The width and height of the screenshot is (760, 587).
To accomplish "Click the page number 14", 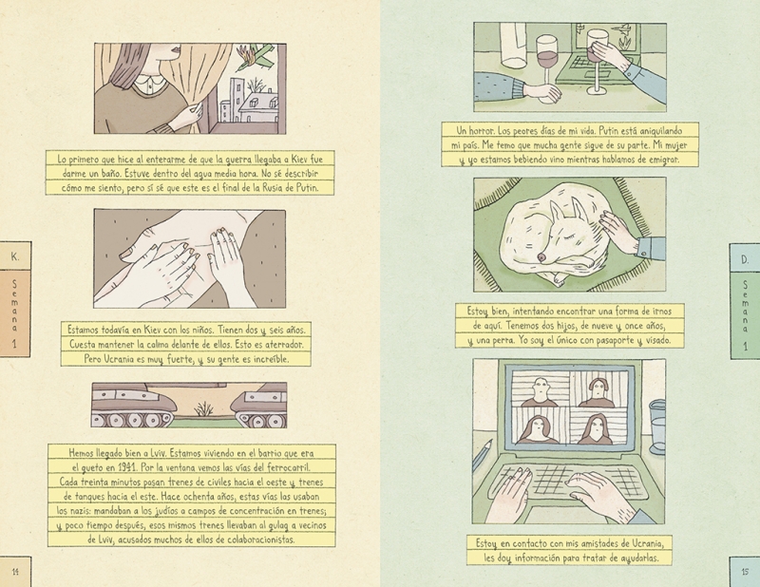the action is pyautogui.click(x=15, y=572).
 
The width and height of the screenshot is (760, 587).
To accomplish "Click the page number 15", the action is pyautogui.click(x=745, y=572).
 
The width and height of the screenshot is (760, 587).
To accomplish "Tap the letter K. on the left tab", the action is pyautogui.click(x=15, y=256).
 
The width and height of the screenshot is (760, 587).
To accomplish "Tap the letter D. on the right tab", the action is pyautogui.click(x=745, y=259).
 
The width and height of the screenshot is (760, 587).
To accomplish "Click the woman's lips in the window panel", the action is pyautogui.click(x=176, y=49).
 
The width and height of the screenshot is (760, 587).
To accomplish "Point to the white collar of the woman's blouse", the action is pyautogui.click(x=147, y=85).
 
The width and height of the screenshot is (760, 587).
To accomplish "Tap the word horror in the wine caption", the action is pyautogui.click(x=482, y=131).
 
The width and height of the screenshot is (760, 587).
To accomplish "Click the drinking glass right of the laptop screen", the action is pyautogui.click(x=655, y=426).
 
